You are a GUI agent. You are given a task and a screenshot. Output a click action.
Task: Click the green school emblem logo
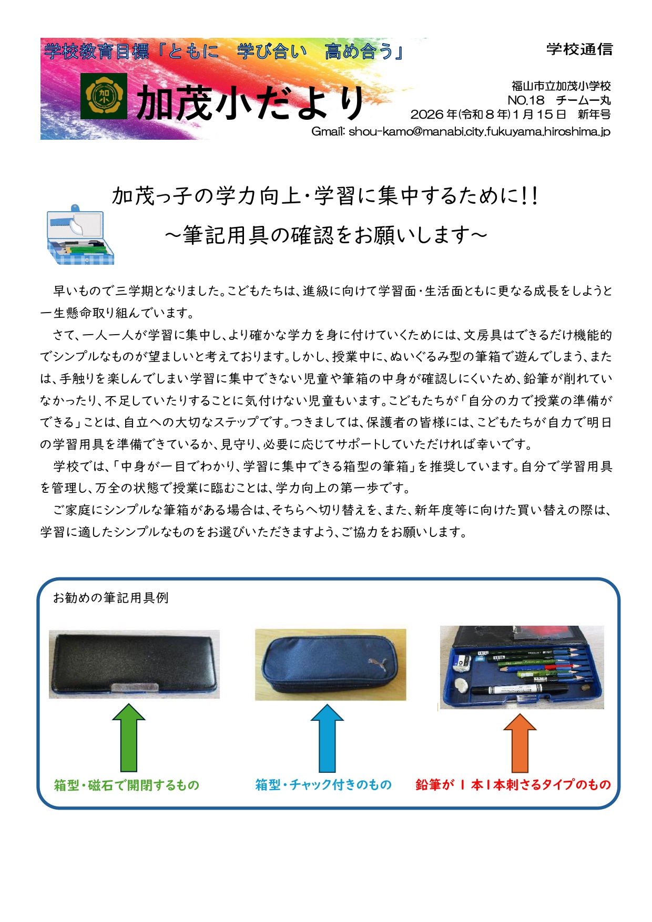(104, 96)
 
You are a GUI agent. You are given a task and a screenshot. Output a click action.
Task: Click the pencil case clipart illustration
(80, 234)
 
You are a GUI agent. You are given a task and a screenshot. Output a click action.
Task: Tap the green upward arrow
(129, 738)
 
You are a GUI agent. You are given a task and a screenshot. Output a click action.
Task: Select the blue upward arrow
(327, 738)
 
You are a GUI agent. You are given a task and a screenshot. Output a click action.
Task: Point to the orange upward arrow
(520, 743)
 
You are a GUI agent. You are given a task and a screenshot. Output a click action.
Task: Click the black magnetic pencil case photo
(134, 664)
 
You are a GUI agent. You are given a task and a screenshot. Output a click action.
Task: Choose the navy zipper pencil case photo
(330, 665)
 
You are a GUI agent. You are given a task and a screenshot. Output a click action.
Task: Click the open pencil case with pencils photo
(522, 667)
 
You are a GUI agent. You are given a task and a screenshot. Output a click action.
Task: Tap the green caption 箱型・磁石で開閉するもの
(127, 785)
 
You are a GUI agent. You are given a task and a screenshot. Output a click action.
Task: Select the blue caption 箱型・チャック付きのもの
(323, 784)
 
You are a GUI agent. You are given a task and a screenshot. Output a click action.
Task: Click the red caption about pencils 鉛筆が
(513, 784)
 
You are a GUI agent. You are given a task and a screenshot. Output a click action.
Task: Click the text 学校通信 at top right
(579, 49)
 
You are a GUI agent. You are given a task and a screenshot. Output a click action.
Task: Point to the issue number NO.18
(526, 100)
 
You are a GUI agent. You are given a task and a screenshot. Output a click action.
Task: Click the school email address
(461, 131)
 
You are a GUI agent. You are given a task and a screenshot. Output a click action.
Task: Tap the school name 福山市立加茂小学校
(561, 86)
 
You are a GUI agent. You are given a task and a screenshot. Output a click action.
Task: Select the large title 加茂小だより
(250, 102)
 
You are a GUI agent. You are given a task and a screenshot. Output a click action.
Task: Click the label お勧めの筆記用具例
(110, 598)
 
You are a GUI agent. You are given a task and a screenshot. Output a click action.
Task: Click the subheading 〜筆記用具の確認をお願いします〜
(326, 235)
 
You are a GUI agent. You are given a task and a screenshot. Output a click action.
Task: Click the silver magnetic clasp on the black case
(135, 686)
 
